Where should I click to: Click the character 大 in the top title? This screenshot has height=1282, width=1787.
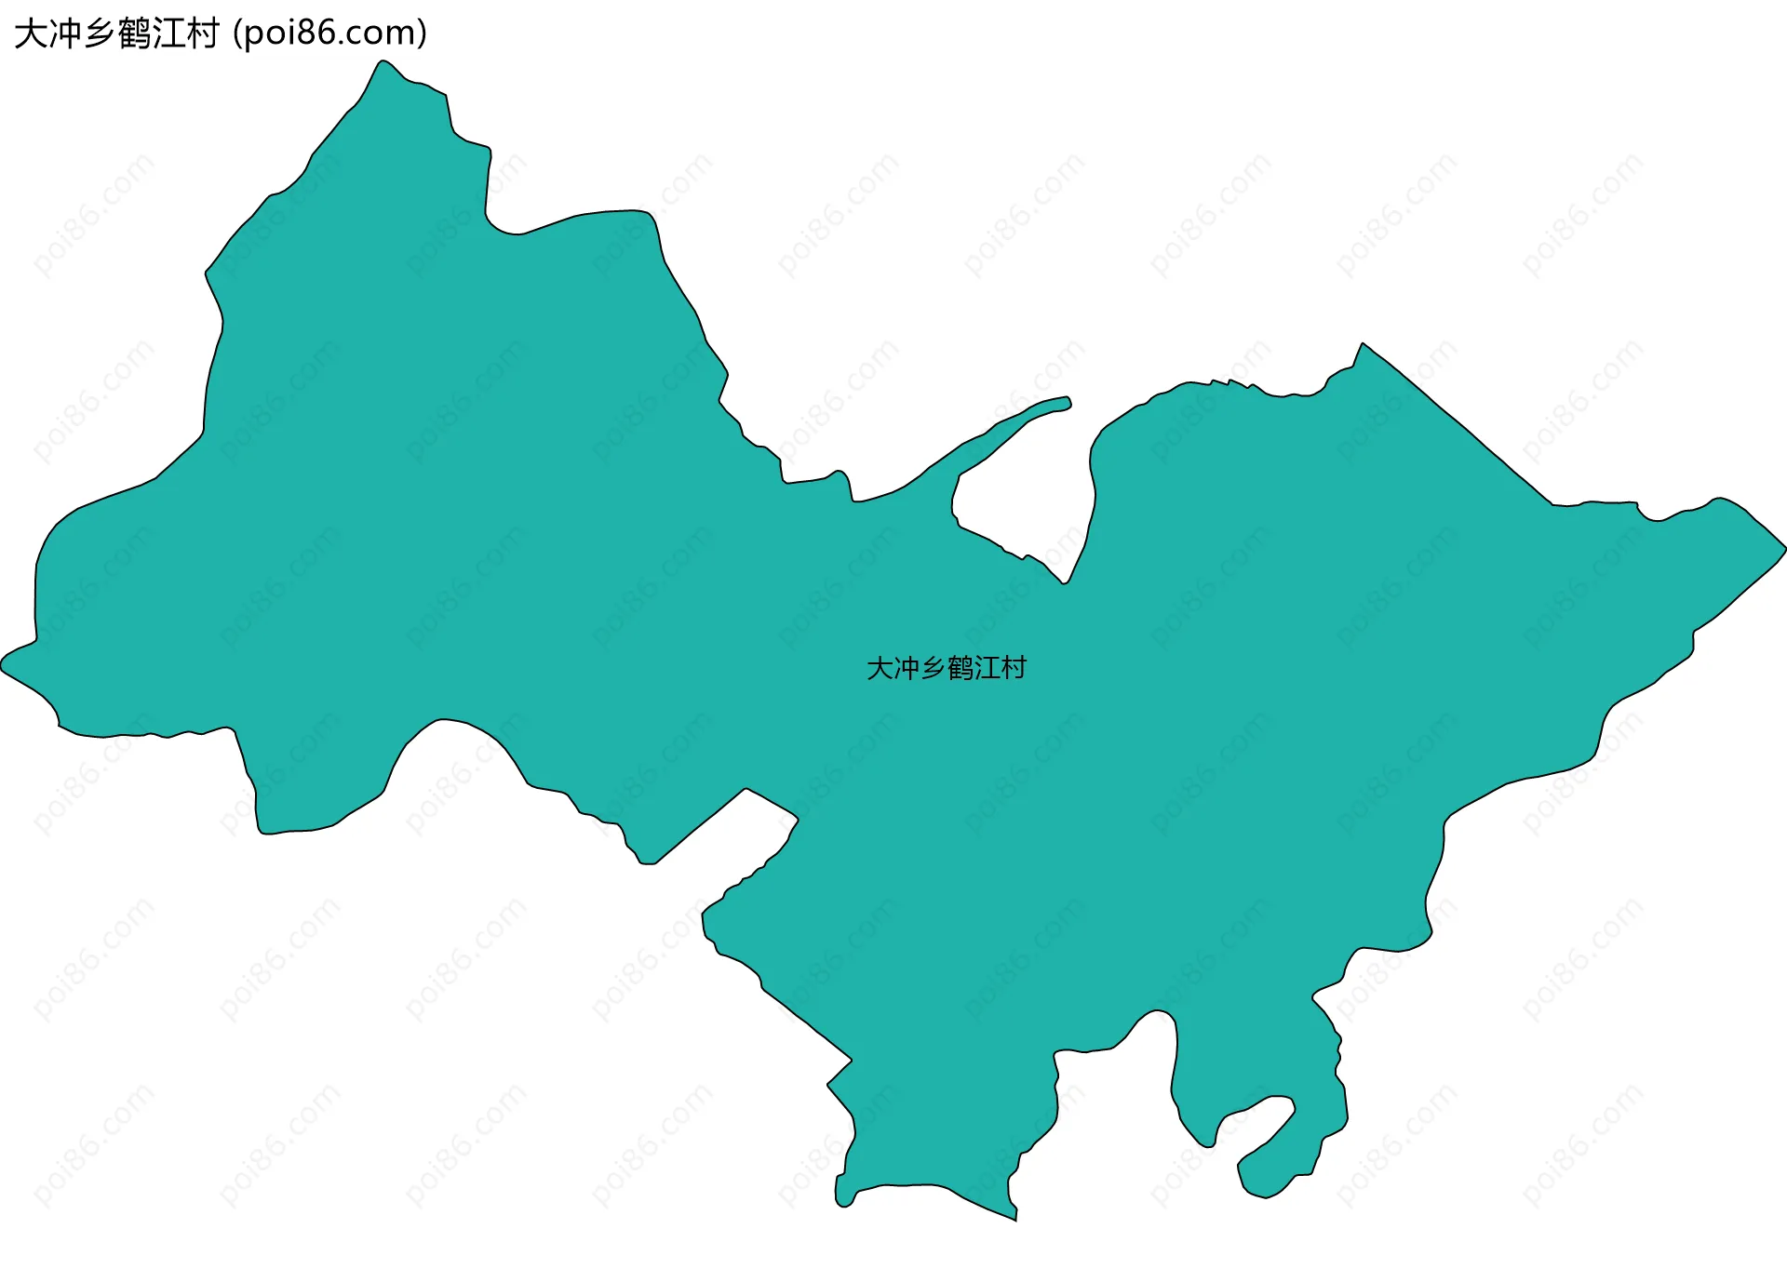31,33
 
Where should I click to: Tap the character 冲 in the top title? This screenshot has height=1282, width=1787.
65,33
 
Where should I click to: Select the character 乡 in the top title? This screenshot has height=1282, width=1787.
100,33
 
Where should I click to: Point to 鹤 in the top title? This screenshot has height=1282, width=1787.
134,33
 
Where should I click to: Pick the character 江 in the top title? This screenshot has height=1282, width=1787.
168,33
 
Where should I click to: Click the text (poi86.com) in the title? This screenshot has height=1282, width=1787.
330,33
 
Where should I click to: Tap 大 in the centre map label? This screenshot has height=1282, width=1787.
880,668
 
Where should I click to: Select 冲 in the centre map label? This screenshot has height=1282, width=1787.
907,668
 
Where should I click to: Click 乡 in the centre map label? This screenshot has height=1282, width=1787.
934,668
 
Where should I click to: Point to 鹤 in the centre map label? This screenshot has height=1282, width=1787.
961,668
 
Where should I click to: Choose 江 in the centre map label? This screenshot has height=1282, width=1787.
988,668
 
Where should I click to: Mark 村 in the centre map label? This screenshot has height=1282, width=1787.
1014,668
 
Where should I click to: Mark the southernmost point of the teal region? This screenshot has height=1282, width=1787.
1014,1218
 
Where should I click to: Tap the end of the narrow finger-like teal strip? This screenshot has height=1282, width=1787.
1068,402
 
